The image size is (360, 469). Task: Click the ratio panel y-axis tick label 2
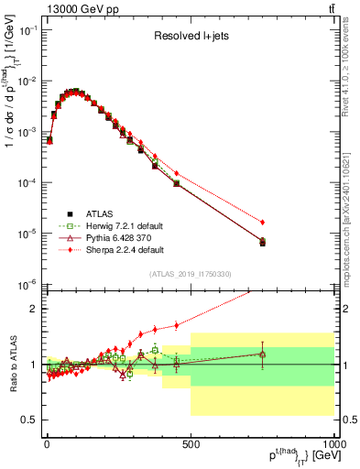(x=35, y=309)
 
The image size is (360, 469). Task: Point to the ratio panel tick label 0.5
(x=29, y=420)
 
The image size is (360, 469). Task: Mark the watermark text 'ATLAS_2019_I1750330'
(x=191, y=274)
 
